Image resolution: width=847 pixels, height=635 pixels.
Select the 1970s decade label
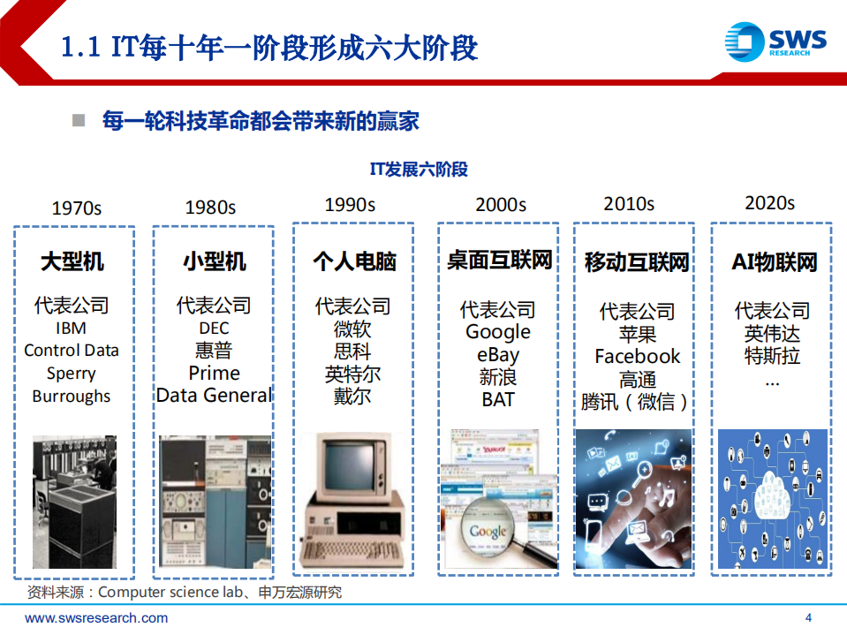click(77, 208)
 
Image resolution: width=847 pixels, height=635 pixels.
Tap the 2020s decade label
click(769, 203)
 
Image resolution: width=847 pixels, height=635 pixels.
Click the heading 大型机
click(72, 261)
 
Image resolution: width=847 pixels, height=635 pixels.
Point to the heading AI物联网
click(774, 262)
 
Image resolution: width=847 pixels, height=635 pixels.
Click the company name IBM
click(71, 328)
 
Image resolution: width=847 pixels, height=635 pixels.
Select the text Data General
click(214, 395)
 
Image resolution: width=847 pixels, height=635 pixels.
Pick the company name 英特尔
click(352, 374)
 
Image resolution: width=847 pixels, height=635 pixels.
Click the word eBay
click(497, 355)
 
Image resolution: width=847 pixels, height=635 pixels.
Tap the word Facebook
click(637, 356)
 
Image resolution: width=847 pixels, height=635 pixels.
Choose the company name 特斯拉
click(772, 357)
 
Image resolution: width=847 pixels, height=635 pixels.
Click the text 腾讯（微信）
click(636, 402)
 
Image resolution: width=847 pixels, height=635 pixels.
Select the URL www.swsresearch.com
click(96, 618)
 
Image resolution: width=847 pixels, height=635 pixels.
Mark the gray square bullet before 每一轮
click(79, 120)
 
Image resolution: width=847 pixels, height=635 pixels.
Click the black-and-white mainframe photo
click(74, 502)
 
